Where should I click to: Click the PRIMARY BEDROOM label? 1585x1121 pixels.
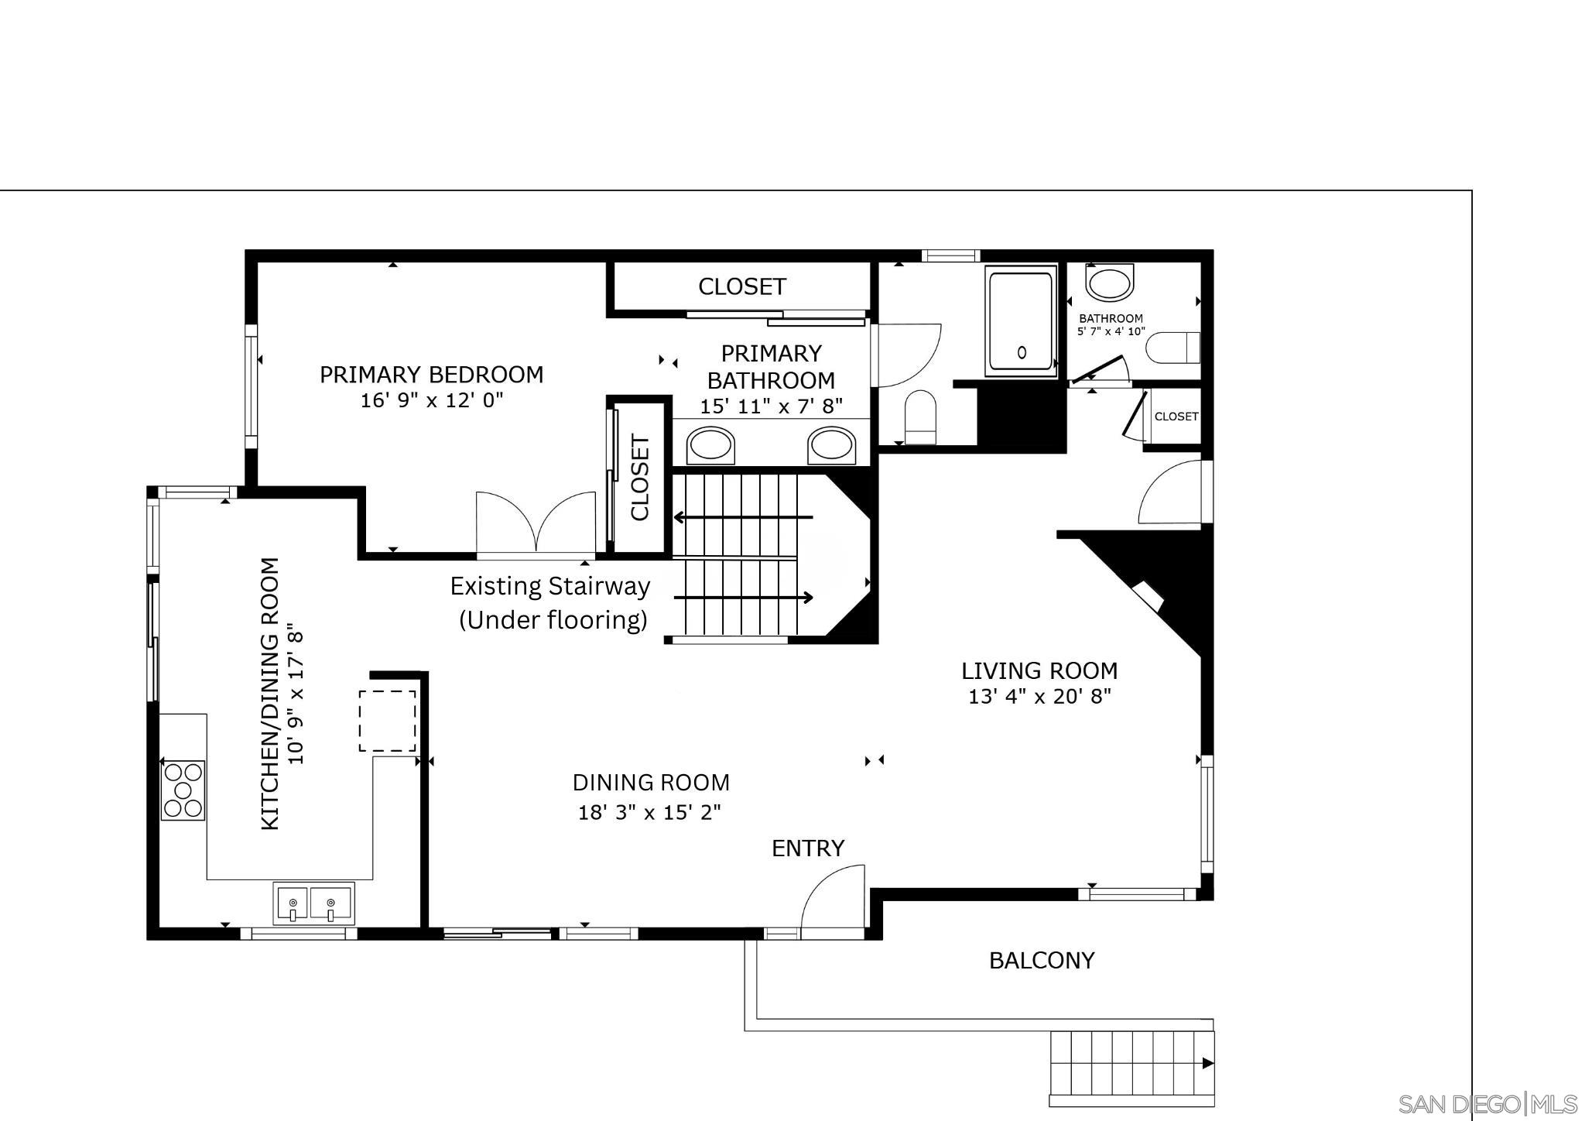tap(431, 375)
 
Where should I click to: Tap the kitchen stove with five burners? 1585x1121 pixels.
tap(183, 790)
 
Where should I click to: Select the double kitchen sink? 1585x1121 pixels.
tap(314, 903)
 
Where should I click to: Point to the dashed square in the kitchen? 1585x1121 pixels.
tap(387, 721)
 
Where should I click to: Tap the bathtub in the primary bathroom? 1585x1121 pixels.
tap(1021, 321)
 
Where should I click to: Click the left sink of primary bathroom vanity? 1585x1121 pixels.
tap(710, 446)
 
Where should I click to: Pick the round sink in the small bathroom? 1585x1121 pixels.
tap(1109, 282)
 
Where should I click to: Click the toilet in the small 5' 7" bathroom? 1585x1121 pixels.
tap(1172, 348)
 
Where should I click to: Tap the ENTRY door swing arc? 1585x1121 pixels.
tap(833, 898)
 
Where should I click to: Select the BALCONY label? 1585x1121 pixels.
tap(1042, 961)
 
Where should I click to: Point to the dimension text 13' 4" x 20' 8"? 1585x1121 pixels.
tap(1039, 697)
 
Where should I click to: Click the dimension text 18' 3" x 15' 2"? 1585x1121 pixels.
tap(650, 812)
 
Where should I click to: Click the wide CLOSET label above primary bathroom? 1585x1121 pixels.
tap(741, 287)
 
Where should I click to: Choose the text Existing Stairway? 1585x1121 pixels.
tap(549, 586)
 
